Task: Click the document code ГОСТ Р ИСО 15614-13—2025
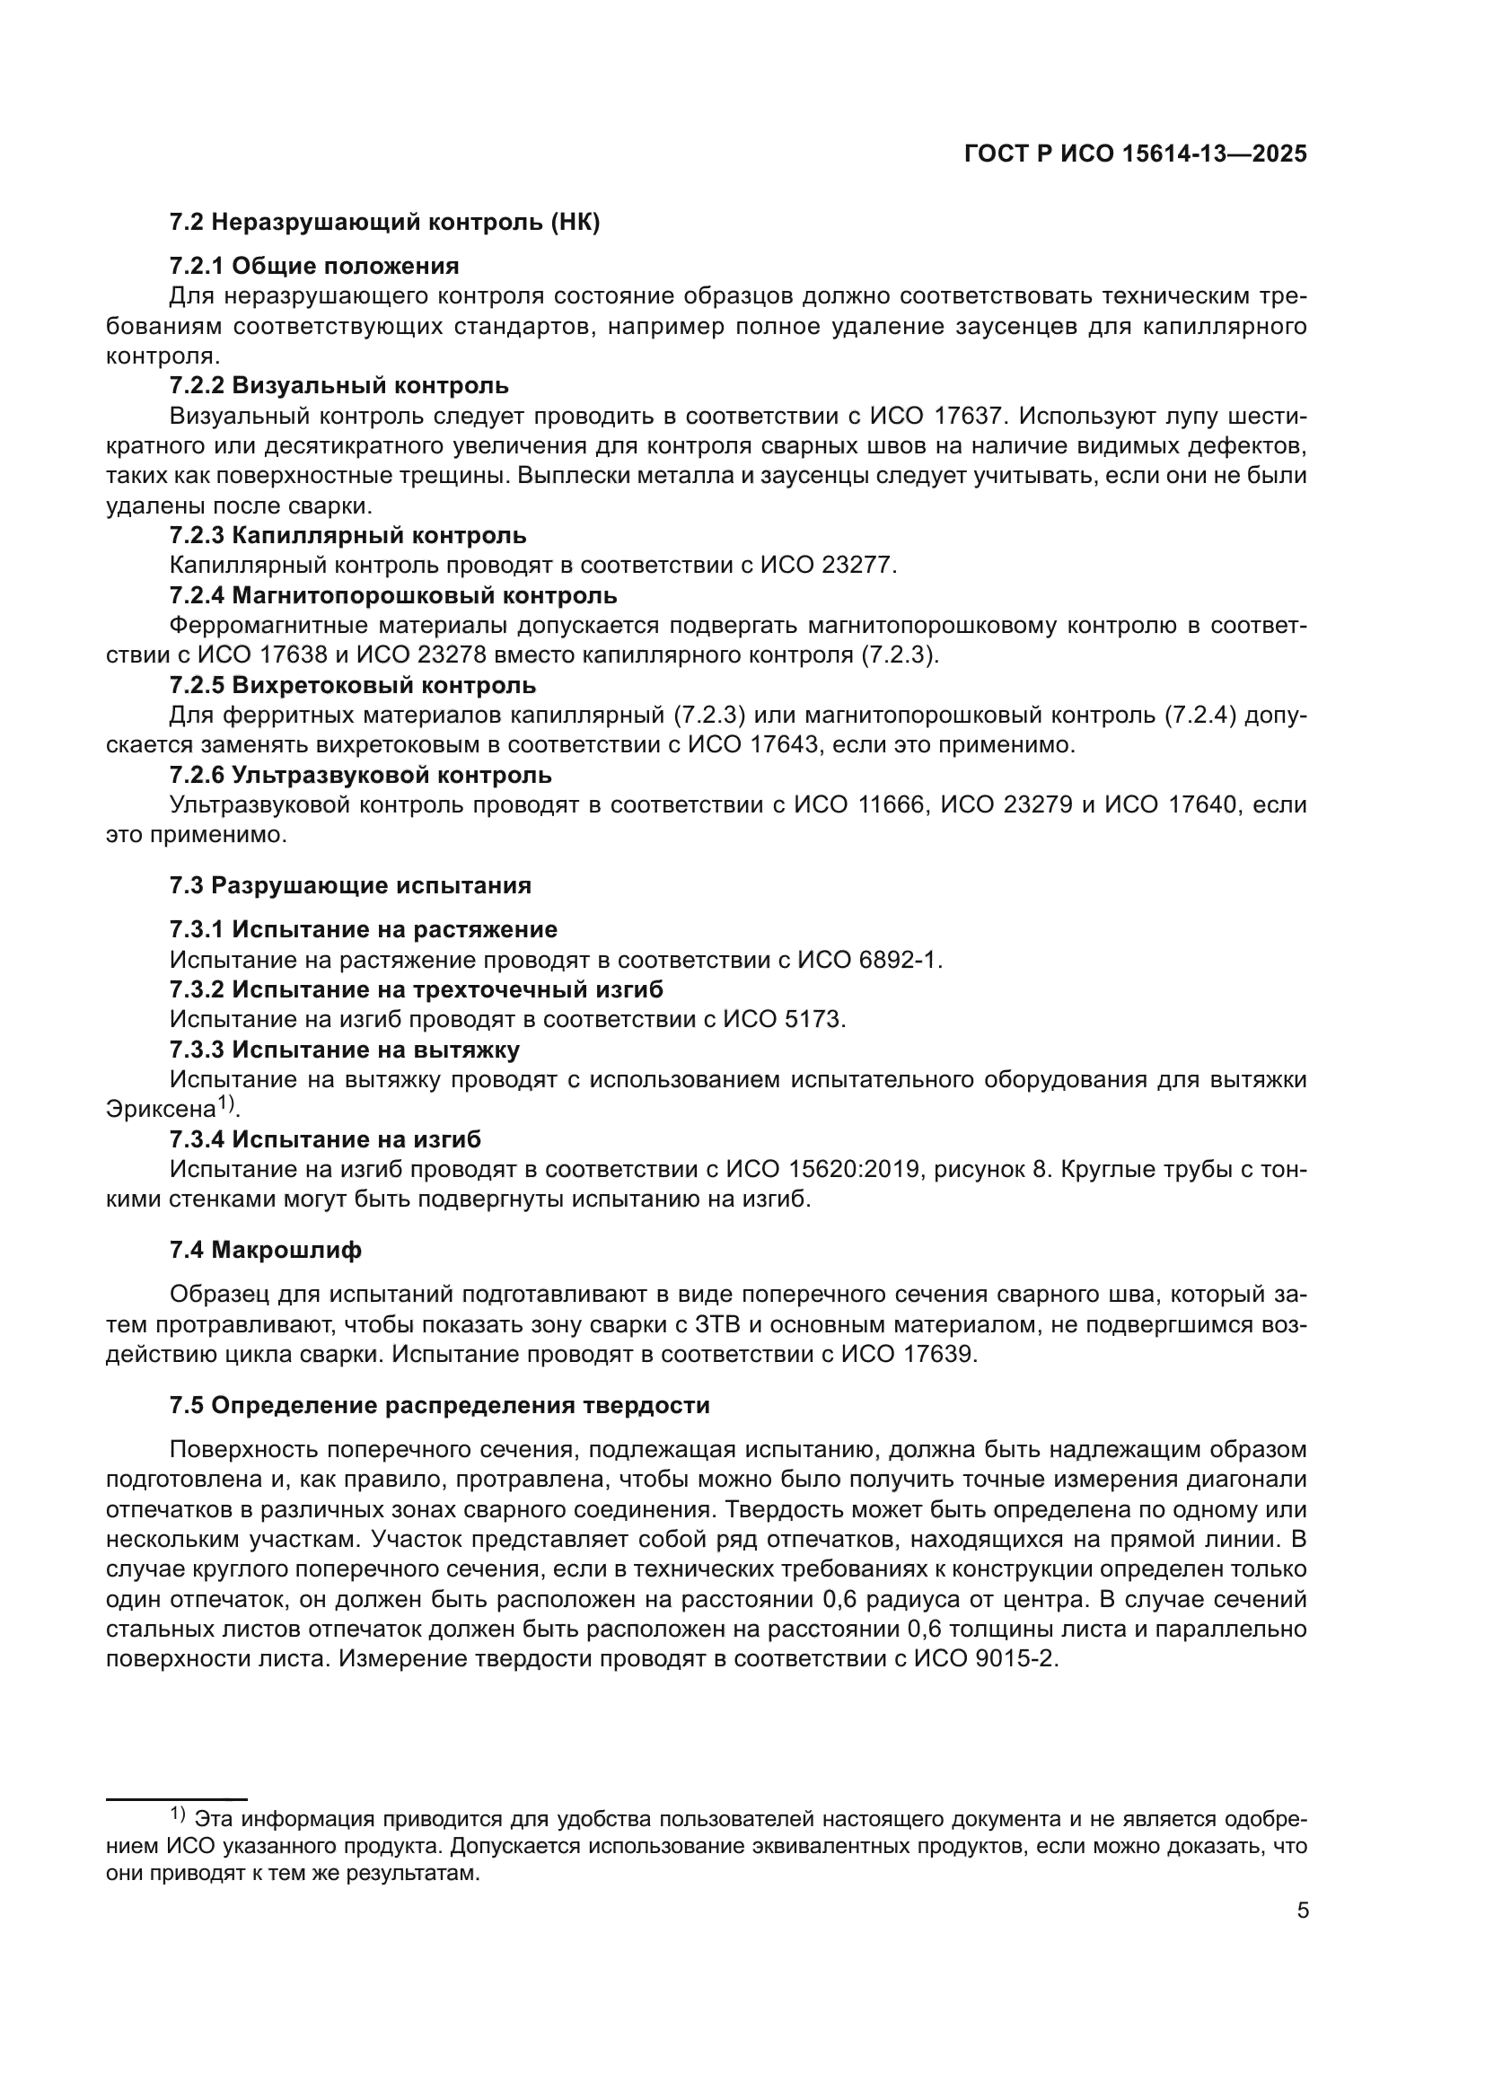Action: pyautogui.click(x=1136, y=154)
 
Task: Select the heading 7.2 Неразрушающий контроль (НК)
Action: pyautogui.click(x=384, y=223)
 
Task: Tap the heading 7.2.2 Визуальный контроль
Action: pyautogui.click(x=338, y=385)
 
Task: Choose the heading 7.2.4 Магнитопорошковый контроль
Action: pyautogui.click(x=393, y=595)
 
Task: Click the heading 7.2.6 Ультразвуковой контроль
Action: pyautogui.click(x=360, y=775)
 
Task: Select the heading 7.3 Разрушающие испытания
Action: pyautogui.click(x=350, y=885)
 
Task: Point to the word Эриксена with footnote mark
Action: pyautogui.click(x=162, y=1110)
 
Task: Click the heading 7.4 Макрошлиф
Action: pyautogui.click(x=265, y=1250)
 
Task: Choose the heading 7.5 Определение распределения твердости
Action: pyautogui.click(x=439, y=1405)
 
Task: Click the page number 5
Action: pyautogui.click(x=1303, y=1911)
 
